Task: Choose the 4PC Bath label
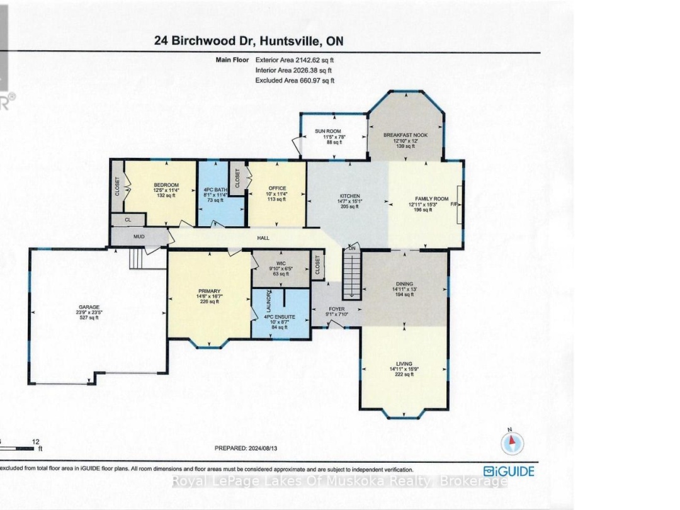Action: click(220, 191)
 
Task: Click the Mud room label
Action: click(139, 237)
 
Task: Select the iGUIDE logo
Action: click(509, 471)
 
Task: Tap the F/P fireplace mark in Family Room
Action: click(453, 205)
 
